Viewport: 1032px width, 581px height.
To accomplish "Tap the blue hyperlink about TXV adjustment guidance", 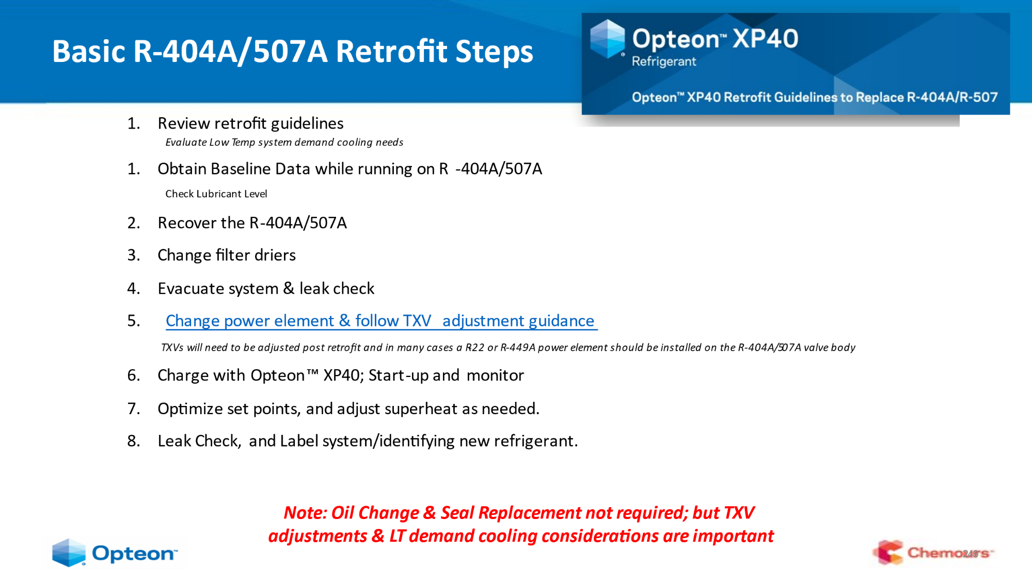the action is [x=381, y=321].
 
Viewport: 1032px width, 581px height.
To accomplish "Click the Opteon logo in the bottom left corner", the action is [x=114, y=553].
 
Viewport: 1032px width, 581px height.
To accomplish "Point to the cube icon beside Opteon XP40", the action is [x=608, y=38].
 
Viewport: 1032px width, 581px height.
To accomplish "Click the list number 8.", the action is [x=134, y=441].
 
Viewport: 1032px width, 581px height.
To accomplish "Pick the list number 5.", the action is [x=134, y=321].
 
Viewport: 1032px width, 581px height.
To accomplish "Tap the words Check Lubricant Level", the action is [x=216, y=194].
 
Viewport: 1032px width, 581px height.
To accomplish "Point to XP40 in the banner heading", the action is [x=765, y=39].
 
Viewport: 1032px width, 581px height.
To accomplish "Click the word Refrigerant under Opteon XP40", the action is [x=664, y=62].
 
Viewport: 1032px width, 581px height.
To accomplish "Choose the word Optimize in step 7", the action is [x=190, y=409].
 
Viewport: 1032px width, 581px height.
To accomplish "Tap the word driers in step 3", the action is [x=275, y=255].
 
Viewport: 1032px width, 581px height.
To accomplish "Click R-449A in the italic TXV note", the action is [x=518, y=348].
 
